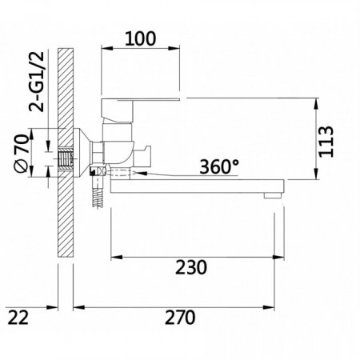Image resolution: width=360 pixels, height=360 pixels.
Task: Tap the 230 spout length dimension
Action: point(190,266)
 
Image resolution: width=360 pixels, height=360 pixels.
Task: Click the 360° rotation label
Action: point(218,167)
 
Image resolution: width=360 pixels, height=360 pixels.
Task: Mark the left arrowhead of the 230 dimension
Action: point(115,257)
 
